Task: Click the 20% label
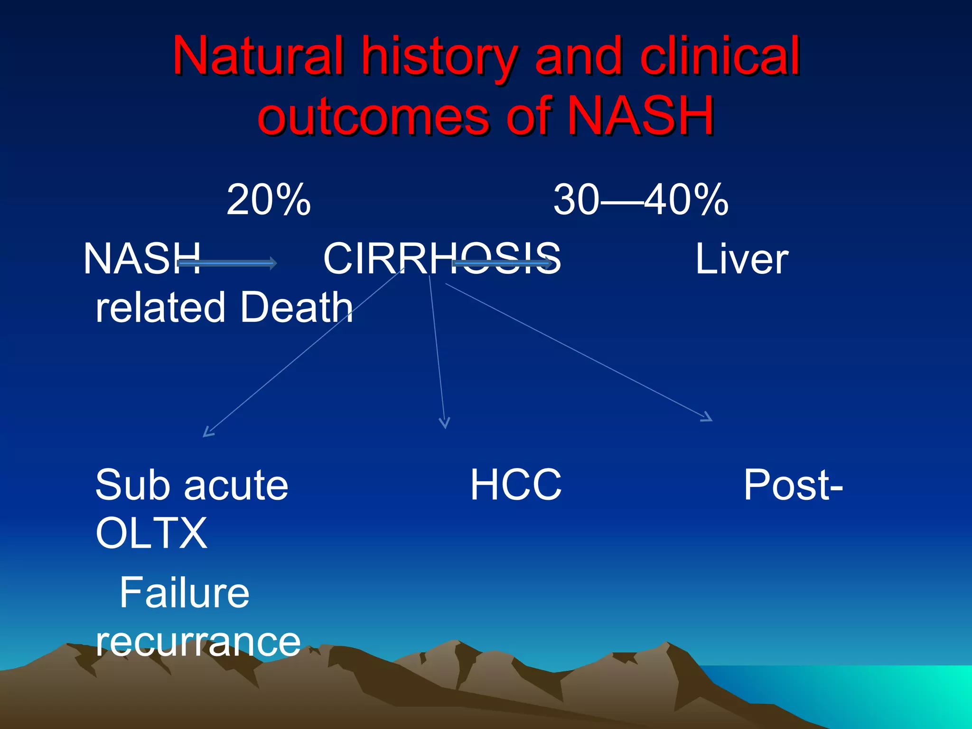point(269,200)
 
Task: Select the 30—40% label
point(640,200)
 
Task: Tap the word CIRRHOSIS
point(442,259)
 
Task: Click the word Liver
point(741,259)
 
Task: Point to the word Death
point(297,308)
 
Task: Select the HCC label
point(516,485)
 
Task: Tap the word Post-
point(793,485)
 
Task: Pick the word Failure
point(184,593)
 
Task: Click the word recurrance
point(198,642)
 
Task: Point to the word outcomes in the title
point(373,116)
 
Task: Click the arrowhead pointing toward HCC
point(444,423)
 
